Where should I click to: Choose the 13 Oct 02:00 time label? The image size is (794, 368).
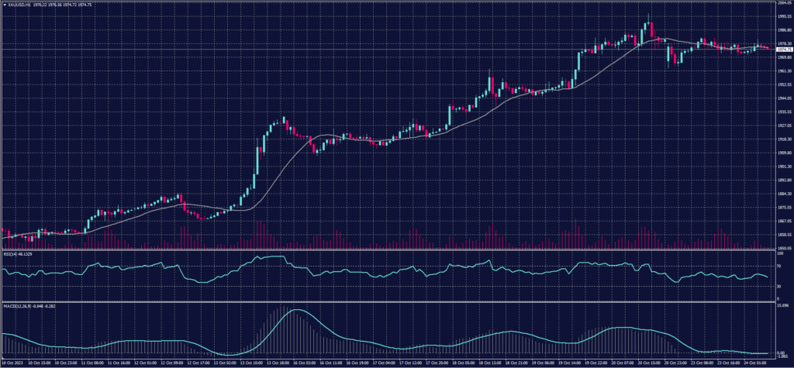click(226, 362)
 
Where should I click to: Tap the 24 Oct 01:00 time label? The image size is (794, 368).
click(754, 362)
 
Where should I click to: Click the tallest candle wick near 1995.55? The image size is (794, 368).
click(648, 15)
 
